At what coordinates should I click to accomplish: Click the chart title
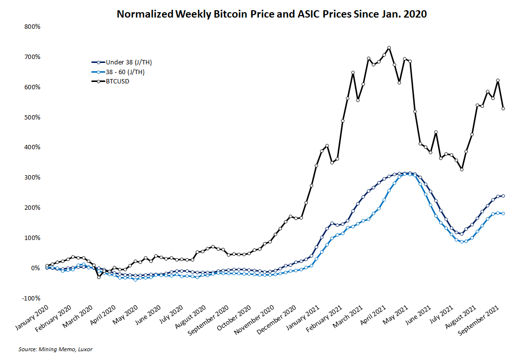click(x=272, y=14)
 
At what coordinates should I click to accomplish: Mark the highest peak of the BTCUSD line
click(x=389, y=48)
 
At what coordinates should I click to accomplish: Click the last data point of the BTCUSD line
click(x=503, y=109)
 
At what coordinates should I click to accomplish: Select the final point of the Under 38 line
click(x=503, y=196)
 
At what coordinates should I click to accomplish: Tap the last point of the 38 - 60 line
click(x=503, y=213)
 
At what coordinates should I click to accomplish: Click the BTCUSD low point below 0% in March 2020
click(x=99, y=277)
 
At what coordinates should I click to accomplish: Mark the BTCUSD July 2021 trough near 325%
click(x=462, y=169)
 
